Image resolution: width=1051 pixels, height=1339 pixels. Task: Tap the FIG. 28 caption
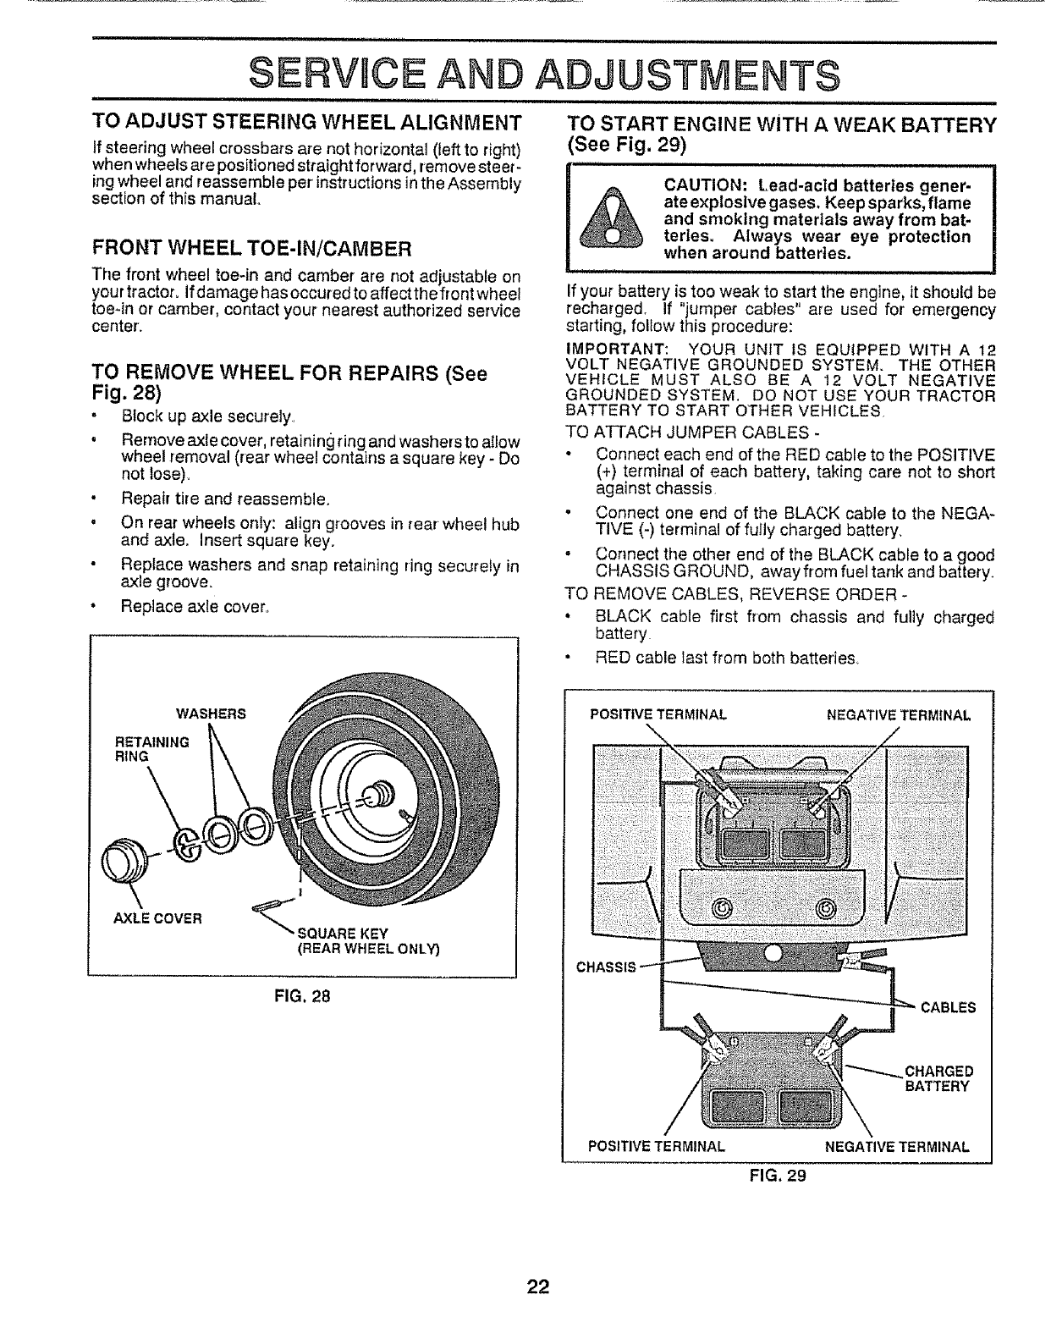tap(301, 996)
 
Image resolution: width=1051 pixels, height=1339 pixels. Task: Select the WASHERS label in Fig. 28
tap(211, 714)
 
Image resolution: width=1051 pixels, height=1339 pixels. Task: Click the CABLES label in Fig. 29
tap(948, 1007)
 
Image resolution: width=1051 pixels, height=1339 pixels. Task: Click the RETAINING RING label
tap(151, 749)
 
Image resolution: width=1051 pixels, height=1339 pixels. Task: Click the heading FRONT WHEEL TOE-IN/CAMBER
tap(252, 248)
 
